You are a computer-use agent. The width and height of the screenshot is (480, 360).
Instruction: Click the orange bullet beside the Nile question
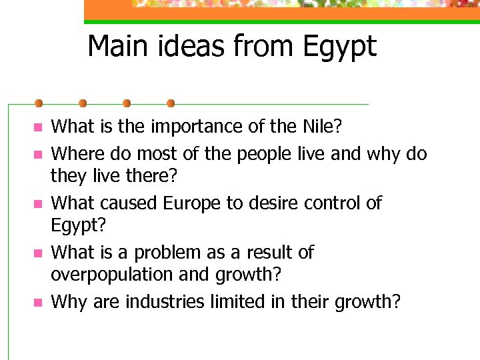pyautogui.click(x=38, y=127)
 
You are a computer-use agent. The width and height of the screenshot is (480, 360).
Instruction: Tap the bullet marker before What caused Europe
pyautogui.click(x=38, y=203)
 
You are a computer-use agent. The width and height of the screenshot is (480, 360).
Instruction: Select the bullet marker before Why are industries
pyautogui.click(x=38, y=303)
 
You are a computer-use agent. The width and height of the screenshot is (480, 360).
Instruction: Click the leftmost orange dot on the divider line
pyautogui.click(x=39, y=103)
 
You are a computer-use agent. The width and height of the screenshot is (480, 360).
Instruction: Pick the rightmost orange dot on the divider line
pyautogui.click(x=171, y=103)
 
